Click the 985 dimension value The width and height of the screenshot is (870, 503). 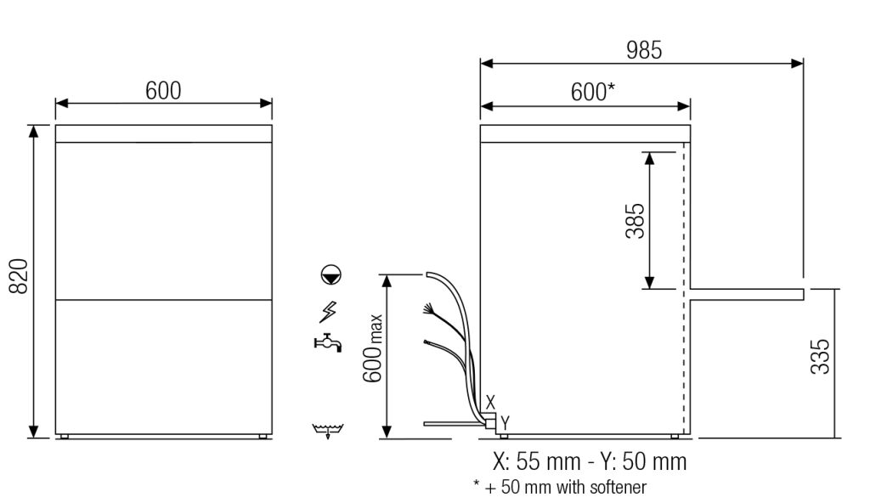pyautogui.click(x=644, y=50)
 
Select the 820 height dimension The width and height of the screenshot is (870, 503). pyautogui.click(x=19, y=276)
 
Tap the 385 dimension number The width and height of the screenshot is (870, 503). pyautogui.click(x=636, y=221)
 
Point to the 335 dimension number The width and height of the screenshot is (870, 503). pyautogui.click(x=820, y=356)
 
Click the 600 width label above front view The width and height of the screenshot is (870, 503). pyautogui.click(x=163, y=91)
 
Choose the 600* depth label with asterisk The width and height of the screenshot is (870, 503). pyautogui.click(x=592, y=92)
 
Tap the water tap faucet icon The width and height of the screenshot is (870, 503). pyautogui.click(x=328, y=342)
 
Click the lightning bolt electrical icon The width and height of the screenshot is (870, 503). pyautogui.click(x=328, y=312)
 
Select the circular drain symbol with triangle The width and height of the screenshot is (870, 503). pyautogui.click(x=331, y=274)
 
